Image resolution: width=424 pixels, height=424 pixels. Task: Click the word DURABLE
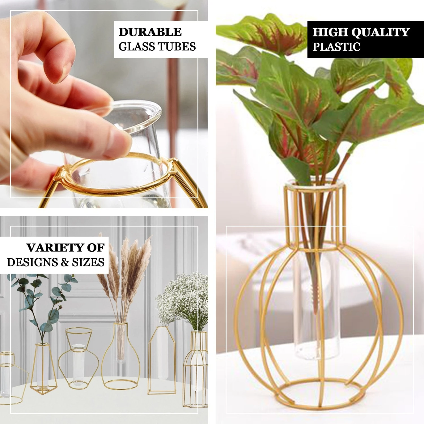tap(150, 32)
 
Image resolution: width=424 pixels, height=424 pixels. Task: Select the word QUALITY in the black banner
tap(380, 32)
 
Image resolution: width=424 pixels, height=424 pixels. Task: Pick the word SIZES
tap(88, 262)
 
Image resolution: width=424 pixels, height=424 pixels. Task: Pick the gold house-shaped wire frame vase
tap(162, 362)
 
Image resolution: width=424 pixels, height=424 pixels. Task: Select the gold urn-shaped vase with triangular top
tap(79, 359)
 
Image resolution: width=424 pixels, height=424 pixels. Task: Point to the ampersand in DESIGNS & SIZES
tap(65, 262)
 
